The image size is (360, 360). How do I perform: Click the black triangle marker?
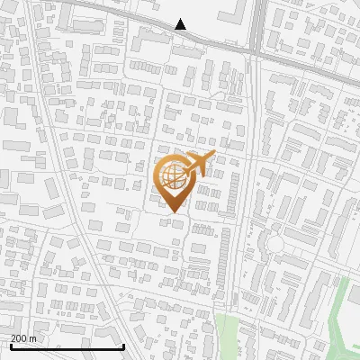pyautogui.click(x=181, y=24)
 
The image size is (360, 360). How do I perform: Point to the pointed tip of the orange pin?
pyautogui.click(x=174, y=214)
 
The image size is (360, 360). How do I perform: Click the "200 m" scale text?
pyautogui.click(x=23, y=338)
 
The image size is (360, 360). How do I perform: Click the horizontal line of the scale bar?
pyautogui.click(x=67, y=346)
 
